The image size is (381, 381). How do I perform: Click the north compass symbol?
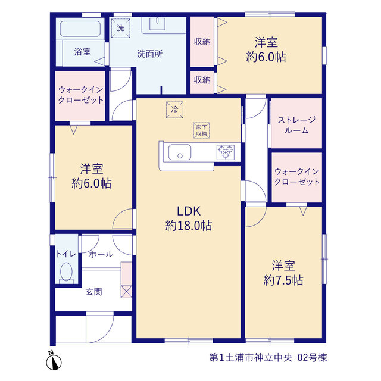54,361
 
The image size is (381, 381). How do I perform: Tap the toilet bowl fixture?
66,273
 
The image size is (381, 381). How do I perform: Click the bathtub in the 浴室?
80,29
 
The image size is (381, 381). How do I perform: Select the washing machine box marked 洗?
120,28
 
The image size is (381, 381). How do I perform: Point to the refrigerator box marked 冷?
174,110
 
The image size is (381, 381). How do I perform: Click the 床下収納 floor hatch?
201,130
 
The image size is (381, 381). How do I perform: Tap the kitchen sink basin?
180,152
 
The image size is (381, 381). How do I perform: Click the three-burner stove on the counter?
226,152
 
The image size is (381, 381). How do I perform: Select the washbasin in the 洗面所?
157,24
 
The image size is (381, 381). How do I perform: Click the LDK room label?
189,211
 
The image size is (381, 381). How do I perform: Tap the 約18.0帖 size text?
189,226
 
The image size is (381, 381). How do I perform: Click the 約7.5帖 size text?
283,280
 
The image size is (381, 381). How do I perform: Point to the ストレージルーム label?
296,125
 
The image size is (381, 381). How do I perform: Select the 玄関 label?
94,292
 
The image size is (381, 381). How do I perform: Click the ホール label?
101,254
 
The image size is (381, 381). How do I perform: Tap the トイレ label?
66,254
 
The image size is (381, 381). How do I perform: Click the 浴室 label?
83,52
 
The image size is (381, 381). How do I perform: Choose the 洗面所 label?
149,54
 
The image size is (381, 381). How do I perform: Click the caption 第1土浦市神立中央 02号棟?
268,357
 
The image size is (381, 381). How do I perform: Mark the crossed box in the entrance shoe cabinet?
126,292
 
